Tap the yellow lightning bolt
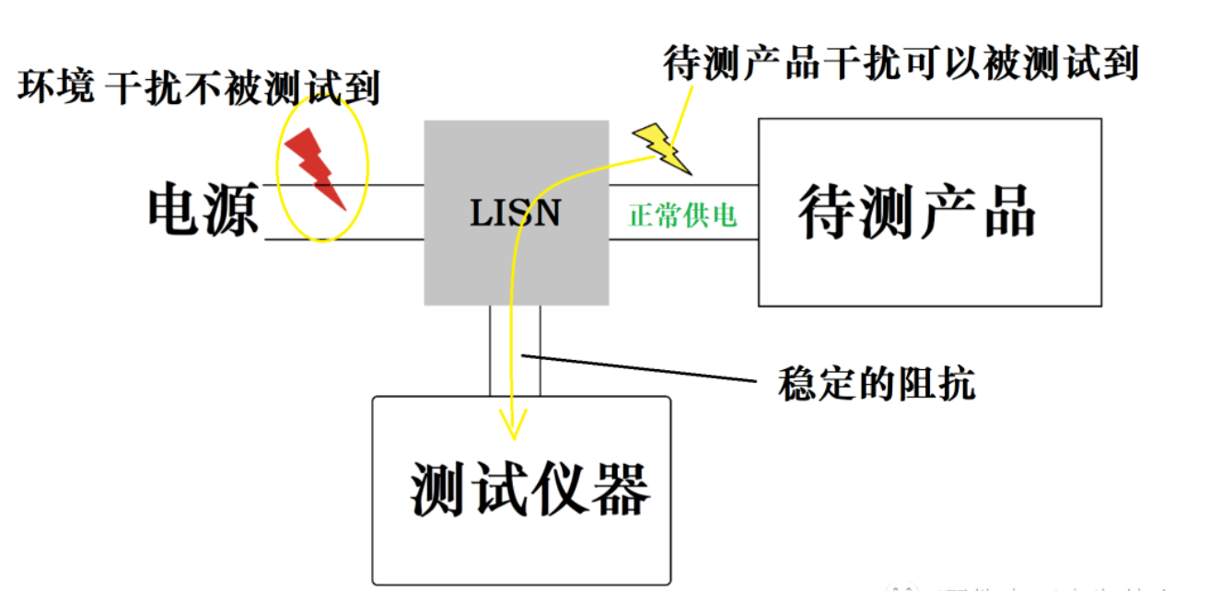click(661, 147)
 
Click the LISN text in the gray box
click(515, 214)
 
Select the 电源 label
click(203, 211)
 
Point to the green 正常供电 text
click(682, 215)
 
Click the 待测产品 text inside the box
click(917, 213)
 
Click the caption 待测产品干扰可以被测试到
click(901, 64)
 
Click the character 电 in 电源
click(175, 211)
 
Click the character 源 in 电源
click(232, 211)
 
